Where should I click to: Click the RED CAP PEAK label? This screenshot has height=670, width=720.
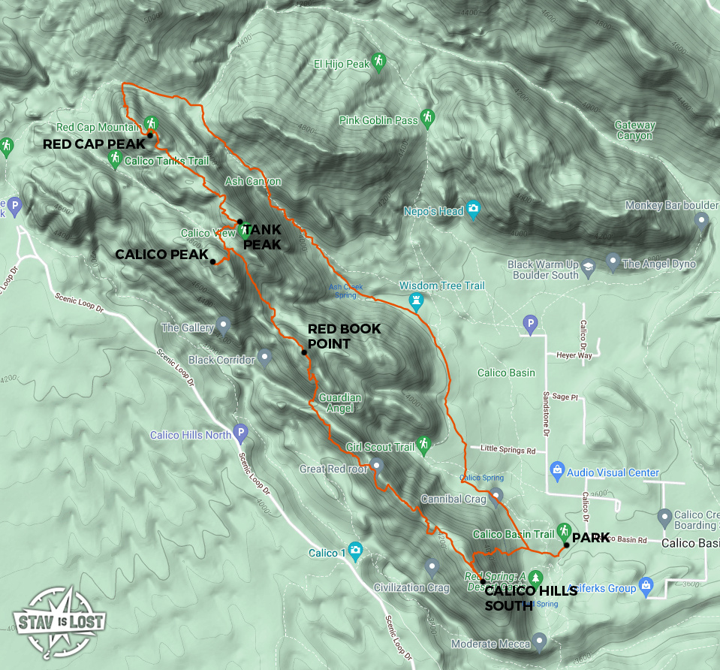click(x=94, y=143)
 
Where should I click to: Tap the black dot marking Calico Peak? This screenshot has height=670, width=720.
click(x=213, y=261)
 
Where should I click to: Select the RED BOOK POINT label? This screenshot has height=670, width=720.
click(x=344, y=336)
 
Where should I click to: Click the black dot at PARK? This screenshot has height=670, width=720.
click(x=566, y=545)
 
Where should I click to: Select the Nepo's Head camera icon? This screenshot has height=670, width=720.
click(x=473, y=210)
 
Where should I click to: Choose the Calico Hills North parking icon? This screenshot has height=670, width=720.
click(x=240, y=433)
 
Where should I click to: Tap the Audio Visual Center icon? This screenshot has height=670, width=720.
click(x=557, y=471)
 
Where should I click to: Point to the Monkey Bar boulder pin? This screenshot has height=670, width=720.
click(x=701, y=219)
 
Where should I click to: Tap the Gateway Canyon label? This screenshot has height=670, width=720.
click(x=635, y=131)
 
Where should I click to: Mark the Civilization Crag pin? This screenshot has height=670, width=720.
click(x=431, y=566)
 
